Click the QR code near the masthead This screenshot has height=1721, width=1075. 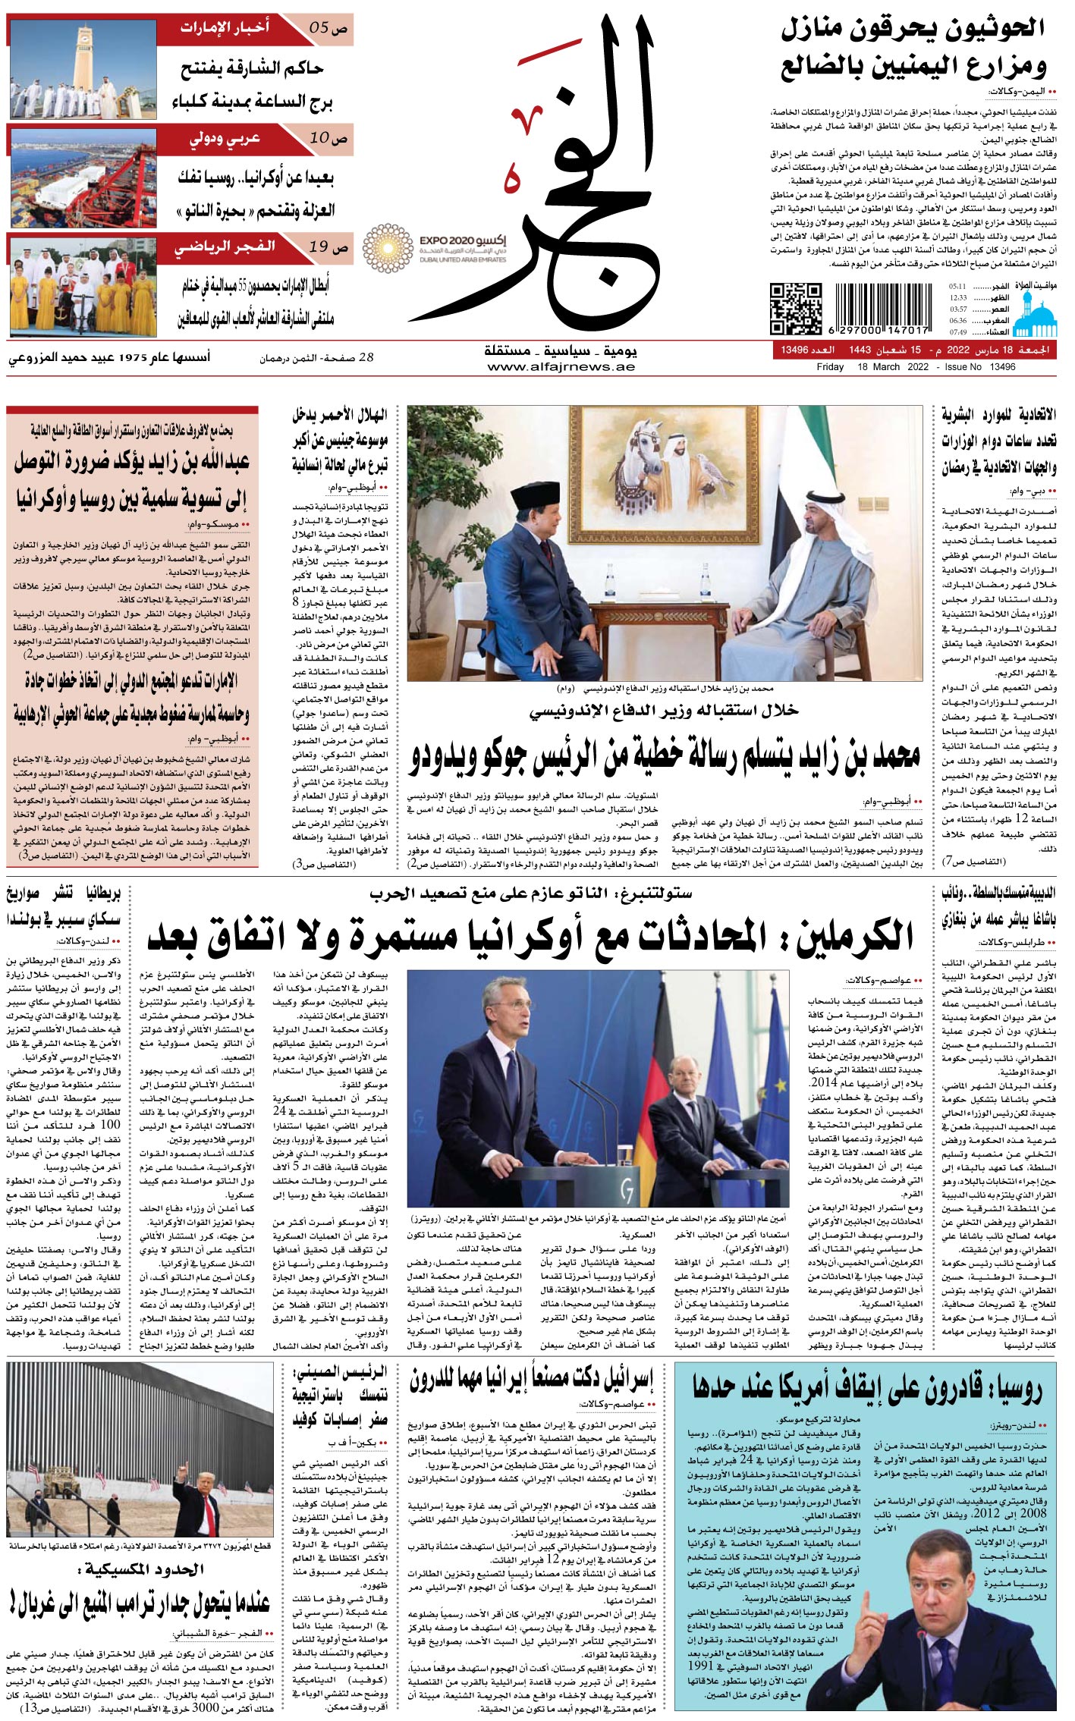(796, 308)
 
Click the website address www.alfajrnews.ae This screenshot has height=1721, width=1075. (561, 367)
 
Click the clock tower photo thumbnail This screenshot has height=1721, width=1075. (83, 69)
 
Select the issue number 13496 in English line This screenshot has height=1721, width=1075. (1002, 367)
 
